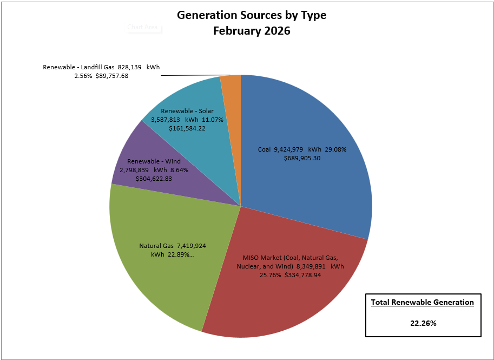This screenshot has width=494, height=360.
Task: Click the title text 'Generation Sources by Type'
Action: pos(252,15)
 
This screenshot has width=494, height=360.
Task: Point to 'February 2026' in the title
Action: pos(252,31)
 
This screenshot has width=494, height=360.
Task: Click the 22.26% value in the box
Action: pos(423,323)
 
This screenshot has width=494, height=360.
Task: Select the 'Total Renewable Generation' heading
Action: pos(423,302)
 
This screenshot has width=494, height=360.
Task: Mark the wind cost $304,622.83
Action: pos(150,178)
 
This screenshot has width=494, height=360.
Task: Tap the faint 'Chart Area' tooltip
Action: pos(142,27)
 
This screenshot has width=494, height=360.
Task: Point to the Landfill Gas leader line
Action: pos(195,75)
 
